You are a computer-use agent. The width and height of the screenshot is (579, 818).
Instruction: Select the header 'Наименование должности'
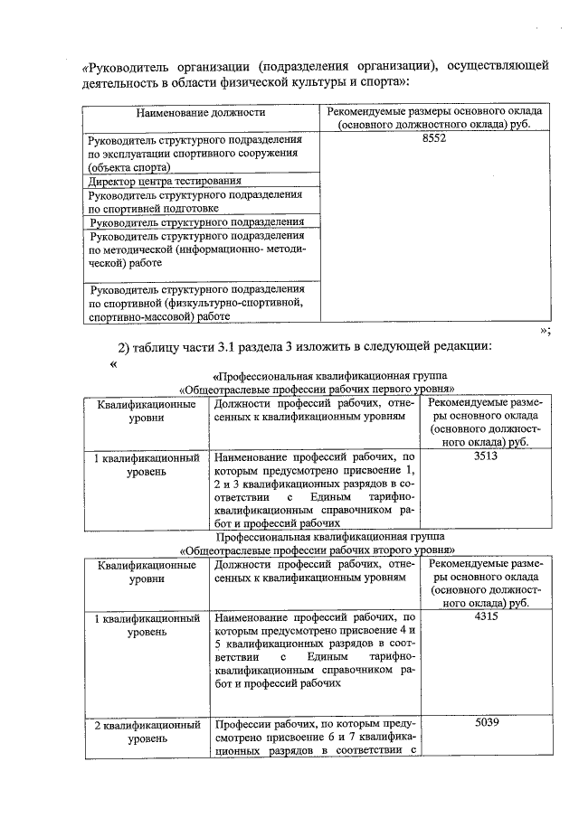200,113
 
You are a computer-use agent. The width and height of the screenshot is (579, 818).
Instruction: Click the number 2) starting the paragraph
125,349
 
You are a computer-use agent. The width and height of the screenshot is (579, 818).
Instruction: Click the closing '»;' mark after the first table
545,331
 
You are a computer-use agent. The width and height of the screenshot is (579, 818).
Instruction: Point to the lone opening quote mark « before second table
113,365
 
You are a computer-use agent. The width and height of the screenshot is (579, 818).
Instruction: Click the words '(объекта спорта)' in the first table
128,167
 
